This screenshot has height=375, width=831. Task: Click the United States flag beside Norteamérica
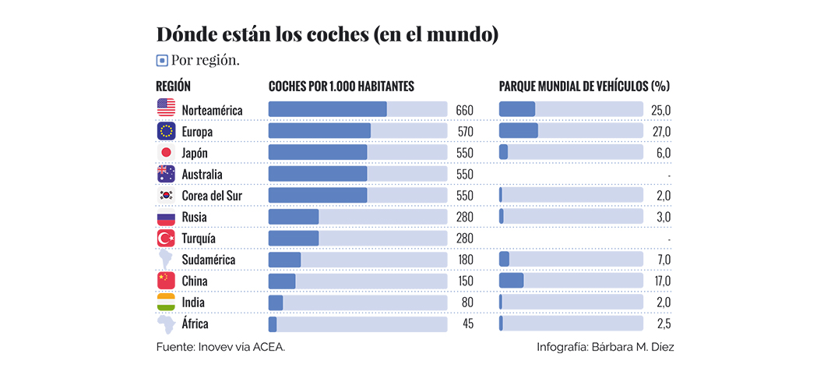(167, 110)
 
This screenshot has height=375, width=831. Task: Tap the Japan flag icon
(167, 153)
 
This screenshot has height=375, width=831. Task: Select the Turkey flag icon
(167, 238)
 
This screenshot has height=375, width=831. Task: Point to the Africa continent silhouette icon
(167, 323)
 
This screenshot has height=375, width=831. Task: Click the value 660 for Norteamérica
(464, 110)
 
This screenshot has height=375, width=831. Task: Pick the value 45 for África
(467, 324)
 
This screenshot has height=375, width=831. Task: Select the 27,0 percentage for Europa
(661, 132)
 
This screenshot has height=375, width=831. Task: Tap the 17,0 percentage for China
(661, 281)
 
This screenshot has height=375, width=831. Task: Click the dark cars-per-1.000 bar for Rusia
(294, 216)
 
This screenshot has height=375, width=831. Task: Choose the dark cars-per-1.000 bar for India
(276, 302)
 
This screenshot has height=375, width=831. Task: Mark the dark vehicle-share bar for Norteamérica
(517, 109)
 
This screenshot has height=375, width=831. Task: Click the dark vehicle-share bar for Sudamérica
(505, 259)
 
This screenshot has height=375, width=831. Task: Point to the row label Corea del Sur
(212, 196)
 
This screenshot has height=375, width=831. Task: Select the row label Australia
(202, 175)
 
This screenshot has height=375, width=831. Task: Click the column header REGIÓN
(173, 86)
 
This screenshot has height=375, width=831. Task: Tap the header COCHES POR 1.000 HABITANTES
(341, 86)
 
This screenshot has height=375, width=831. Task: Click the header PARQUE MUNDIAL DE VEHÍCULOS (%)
(584, 86)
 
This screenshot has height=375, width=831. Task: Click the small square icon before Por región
(162, 60)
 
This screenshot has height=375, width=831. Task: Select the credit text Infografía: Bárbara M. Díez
(605, 347)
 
